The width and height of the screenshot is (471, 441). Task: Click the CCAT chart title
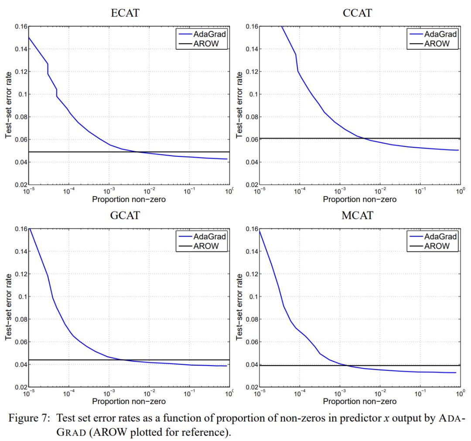click(x=357, y=14)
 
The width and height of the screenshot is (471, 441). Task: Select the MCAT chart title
click(x=357, y=216)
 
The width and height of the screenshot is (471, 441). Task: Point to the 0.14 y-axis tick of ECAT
click(x=20, y=49)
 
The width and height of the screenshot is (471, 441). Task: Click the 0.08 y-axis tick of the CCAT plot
click(x=251, y=117)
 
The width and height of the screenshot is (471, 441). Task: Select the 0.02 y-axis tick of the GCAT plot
click(x=20, y=387)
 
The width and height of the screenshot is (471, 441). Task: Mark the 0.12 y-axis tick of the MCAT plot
click(x=251, y=274)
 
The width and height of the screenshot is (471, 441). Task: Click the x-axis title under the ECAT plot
click(x=129, y=199)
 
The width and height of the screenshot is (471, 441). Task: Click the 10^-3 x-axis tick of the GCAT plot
click(x=109, y=394)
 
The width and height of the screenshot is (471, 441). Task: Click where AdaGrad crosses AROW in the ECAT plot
click(x=137, y=152)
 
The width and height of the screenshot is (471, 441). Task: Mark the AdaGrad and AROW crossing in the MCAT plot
click(x=348, y=365)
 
